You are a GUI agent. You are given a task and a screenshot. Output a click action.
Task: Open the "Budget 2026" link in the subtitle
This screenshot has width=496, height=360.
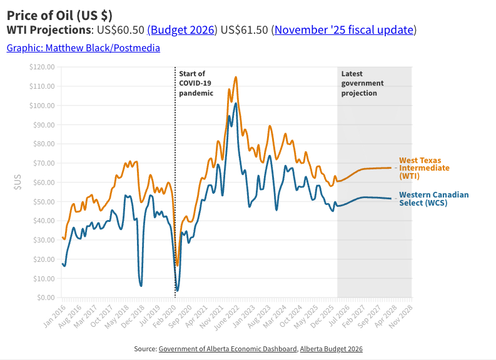click(182, 30)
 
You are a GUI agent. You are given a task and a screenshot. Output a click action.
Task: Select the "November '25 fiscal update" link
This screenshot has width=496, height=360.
click(343, 30)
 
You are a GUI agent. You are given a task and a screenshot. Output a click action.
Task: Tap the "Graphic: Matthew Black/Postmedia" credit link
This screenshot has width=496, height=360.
click(83, 47)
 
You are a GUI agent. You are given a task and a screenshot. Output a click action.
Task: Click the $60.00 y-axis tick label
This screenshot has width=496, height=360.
click(44, 182)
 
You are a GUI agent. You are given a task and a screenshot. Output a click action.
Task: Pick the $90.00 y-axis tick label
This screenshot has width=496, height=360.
click(44, 124)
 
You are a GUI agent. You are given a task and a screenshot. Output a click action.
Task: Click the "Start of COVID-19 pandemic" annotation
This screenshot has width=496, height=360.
click(196, 83)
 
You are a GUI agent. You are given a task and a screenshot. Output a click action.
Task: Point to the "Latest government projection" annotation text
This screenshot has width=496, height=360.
click(362, 83)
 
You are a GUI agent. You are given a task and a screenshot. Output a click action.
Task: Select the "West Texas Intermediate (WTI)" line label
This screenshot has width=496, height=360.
click(424, 168)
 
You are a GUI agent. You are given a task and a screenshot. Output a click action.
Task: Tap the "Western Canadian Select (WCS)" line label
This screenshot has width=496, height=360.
click(433, 199)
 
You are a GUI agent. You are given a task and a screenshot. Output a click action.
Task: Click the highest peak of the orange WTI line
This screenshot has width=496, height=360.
click(236, 77)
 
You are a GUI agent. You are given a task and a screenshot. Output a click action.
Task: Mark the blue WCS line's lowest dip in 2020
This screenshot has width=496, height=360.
click(178, 291)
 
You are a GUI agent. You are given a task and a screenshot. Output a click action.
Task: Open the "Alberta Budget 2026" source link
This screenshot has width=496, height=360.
click(331, 349)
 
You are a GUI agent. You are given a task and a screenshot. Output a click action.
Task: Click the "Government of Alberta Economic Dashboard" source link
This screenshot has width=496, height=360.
click(228, 349)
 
